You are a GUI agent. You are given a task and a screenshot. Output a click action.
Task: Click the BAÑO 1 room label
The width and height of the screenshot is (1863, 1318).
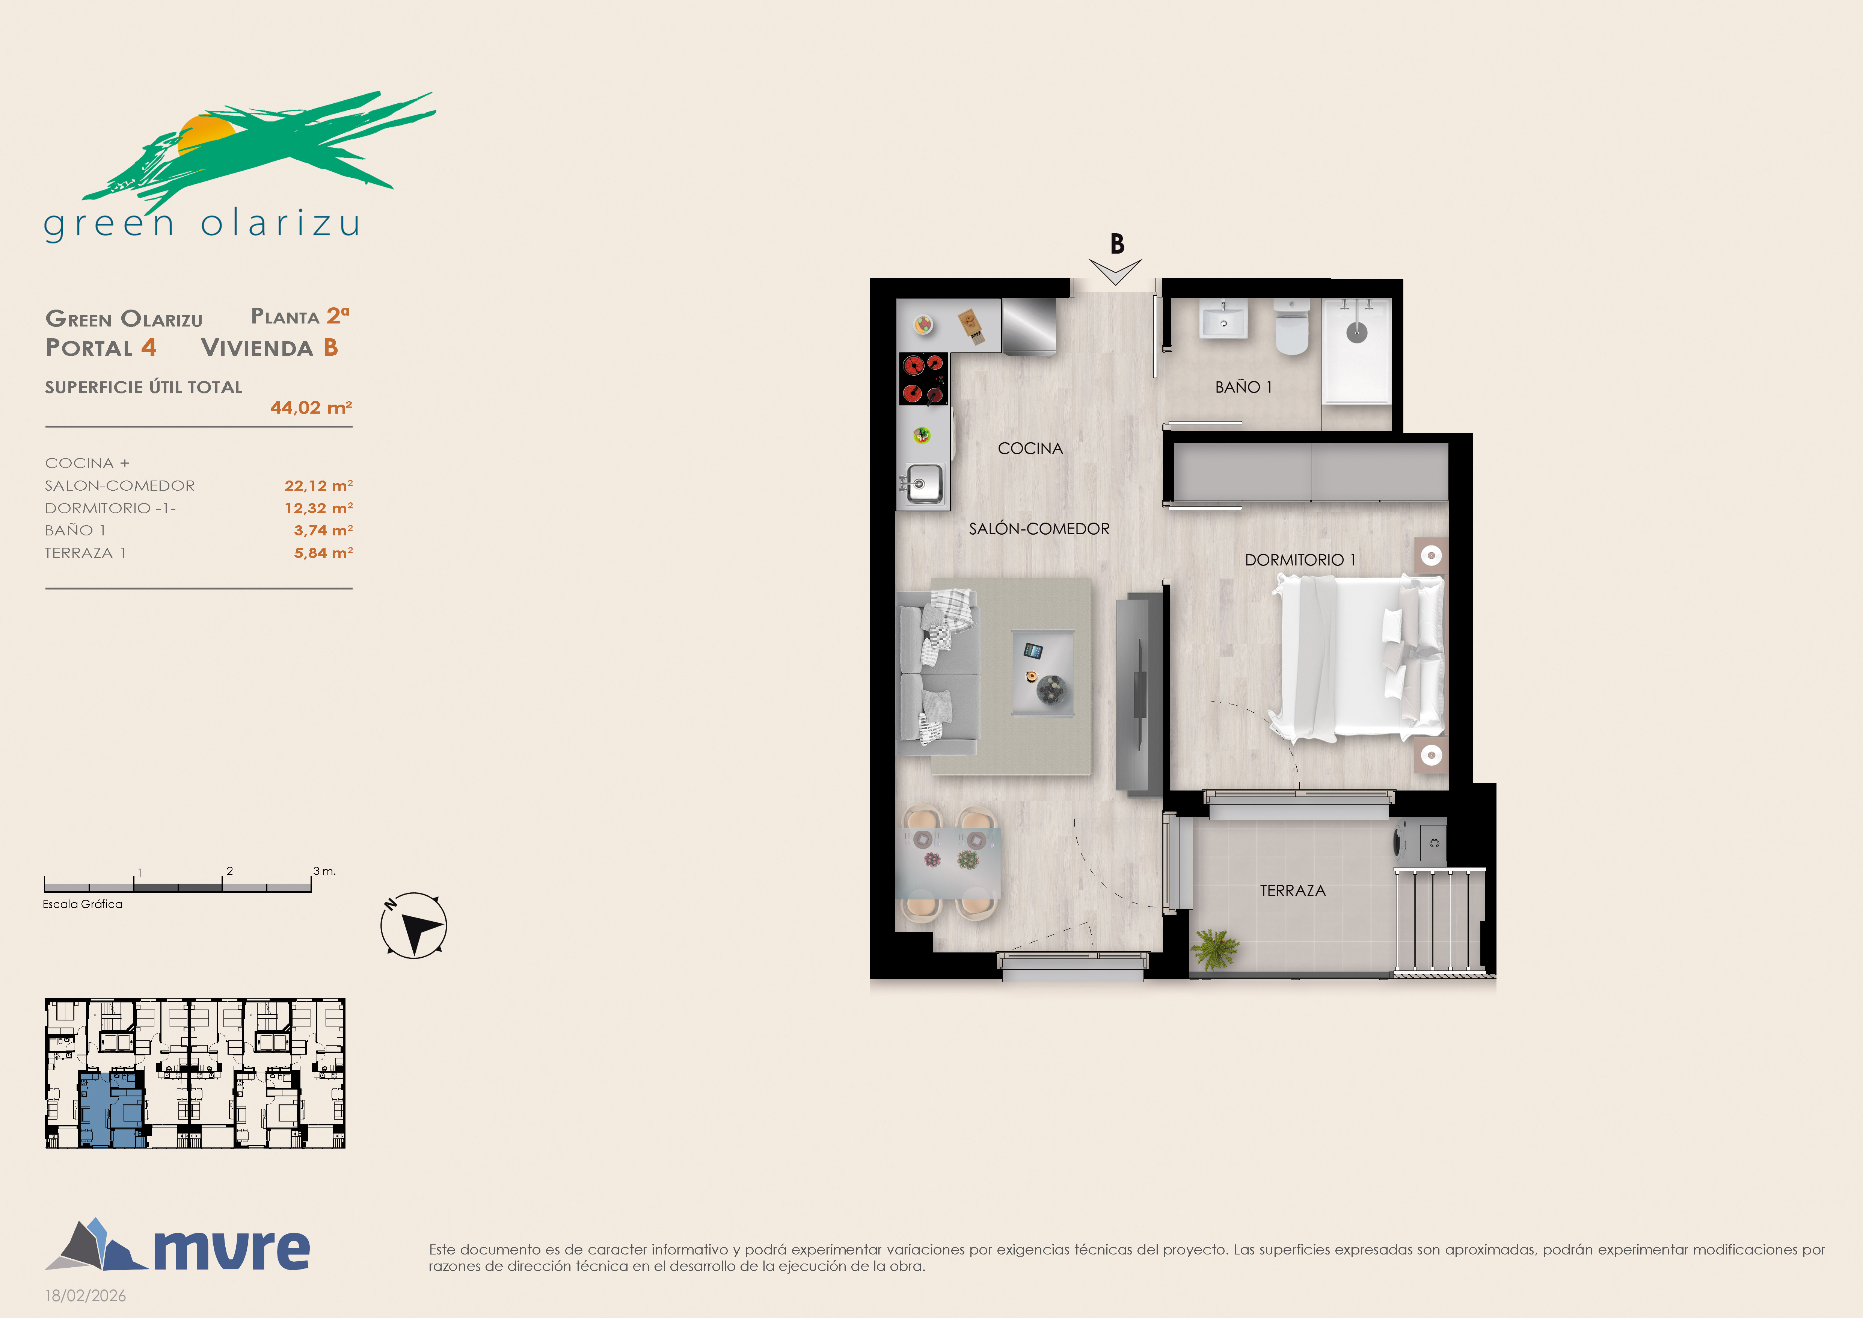click(1243, 387)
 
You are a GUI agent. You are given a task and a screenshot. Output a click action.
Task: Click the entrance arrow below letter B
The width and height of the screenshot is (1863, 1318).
click(1116, 272)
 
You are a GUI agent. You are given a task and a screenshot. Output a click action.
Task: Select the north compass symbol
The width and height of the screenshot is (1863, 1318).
click(414, 925)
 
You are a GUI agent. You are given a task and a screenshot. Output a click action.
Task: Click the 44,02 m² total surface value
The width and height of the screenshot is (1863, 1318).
click(311, 407)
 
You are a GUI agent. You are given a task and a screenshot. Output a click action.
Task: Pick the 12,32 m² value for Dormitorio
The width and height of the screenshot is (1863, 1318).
click(318, 508)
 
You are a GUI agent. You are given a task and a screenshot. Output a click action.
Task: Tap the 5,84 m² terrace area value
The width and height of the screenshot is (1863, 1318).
click(323, 553)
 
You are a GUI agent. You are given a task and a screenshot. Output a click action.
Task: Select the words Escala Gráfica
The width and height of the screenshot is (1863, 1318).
click(83, 904)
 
